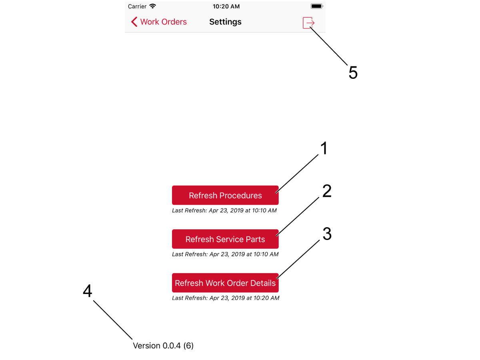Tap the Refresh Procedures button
pyautogui.click(x=225, y=195)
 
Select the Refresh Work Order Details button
pyautogui.click(x=225, y=283)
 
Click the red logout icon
pyautogui.click(x=308, y=23)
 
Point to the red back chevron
pyautogui.click(x=134, y=22)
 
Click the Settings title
pyautogui.click(x=225, y=22)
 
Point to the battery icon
pyautogui.click(x=317, y=6)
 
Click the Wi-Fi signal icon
pyautogui.click(x=152, y=6)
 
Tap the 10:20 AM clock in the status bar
pyautogui.click(x=226, y=6)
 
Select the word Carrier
pyautogui.click(x=137, y=6)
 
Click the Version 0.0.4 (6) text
pyautogui.click(x=163, y=346)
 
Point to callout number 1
pyautogui.click(x=324, y=148)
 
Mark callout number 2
pyautogui.click(x=327, y=191)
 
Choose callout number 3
pyautogui.click(x=327, y=234)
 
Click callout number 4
pyautogui.click(x=88, y=291)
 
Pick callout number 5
pyautogui.click(x=353, y=72)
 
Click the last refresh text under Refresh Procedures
pyautogui.click(x=224, y=210)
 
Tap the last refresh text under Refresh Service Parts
pyautogui.click(x=225, y=254)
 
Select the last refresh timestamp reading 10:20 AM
pyautogui.click(x=226, y=298)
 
